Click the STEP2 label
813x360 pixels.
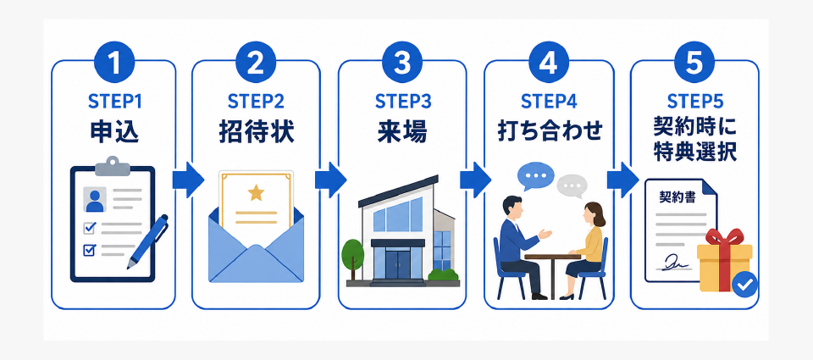[256, 102]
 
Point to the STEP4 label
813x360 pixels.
[549, 102]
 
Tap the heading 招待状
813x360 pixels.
[256, 132]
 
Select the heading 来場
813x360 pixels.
[402, 132]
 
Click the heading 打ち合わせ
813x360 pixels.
[549, 132]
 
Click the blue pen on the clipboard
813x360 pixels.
[147, 241]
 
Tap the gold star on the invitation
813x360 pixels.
[256, 193]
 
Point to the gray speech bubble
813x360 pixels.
[572, 186]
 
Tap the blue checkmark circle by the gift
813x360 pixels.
[745, 285]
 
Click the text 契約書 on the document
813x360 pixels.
[677, 197]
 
